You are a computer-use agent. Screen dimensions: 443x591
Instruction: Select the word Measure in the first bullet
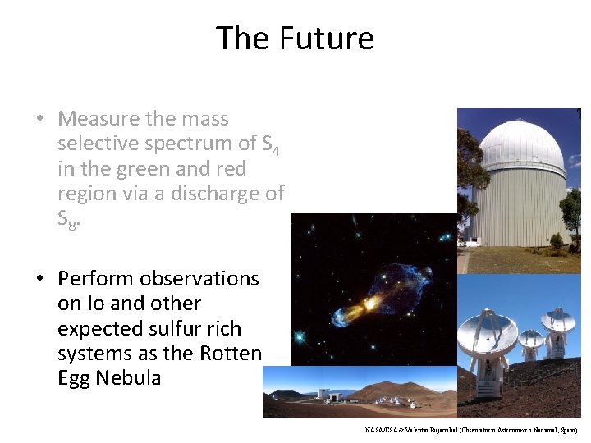pyautogui.click(x=99, y=119)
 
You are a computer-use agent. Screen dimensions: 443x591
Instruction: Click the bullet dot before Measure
pyautogui.click(x=39, y=120)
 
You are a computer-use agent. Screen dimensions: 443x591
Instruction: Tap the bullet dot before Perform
pyautogui.click(x=39, y=279)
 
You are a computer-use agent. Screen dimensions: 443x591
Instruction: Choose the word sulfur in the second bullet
pyautogui.click(x=175, y=329)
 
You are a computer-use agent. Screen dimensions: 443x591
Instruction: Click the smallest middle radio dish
pyautogui.click(x=531, y=339)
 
